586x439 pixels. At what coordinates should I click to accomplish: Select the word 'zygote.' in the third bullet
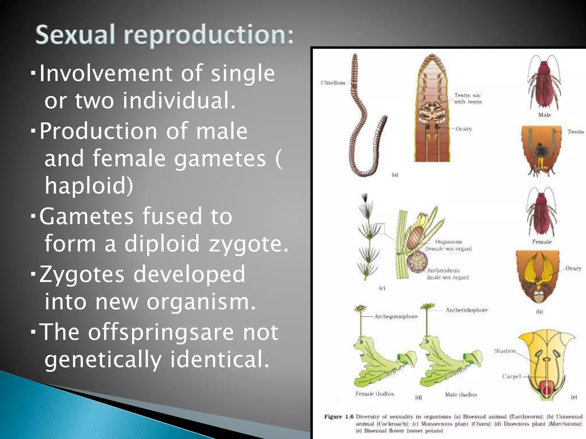pyautogui.click(x=249, y=244)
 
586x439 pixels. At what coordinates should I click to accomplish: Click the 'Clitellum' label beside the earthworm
pyautogui.click(x=333, y=83)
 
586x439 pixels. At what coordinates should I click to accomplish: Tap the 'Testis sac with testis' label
pyautogui.click(x=468, y=99)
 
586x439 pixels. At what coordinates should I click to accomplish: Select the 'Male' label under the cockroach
pyautogui.click(x=544, y=115)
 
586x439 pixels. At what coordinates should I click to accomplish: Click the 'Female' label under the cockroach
pyautogui.click(x=542, y=242)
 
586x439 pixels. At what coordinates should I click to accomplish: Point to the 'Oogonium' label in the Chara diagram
pyautogui.click(x=448, y=242)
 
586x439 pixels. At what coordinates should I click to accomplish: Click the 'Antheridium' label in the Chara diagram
pyautogui.click(x=443, y=270)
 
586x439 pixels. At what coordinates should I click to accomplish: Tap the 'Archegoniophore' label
pyautogui.click(x=396, y=317)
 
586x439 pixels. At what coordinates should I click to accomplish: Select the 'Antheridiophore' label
pyautogui.click(x=466, y=310)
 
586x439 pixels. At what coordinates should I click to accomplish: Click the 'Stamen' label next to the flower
pyautogui.click(x=505, y=351)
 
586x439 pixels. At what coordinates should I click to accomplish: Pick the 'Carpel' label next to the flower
pyautogui.click(x=511, y=376)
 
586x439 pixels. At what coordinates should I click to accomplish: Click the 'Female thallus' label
pyautogui.click(x=375, y=394)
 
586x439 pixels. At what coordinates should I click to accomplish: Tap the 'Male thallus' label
pyautogui.click(x=461, y=395)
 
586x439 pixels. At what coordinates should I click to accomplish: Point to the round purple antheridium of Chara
pyautogui.click(x=417, y=262)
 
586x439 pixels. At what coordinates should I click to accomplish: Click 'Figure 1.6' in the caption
pyautogui.click(x=339, y=417)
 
